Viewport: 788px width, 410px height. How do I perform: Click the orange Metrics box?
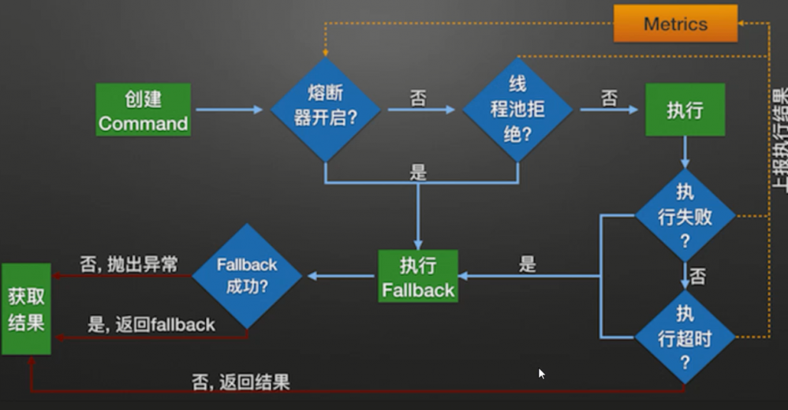click(x=675, y=24)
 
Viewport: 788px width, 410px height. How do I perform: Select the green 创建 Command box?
click(x=144, y=110)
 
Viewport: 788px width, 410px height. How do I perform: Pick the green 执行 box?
click(x=684, y=110)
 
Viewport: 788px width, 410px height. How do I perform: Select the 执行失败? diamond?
click(x=685, y=215)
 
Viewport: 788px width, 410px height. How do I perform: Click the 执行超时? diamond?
click(x=685, y=337)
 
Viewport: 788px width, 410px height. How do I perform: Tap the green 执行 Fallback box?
click(x=417, y=277)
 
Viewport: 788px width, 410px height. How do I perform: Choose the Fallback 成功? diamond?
click(x=247, y=275)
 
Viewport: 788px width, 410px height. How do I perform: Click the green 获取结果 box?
click(x=26, y=309)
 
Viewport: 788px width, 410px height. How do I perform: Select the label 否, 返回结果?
click(x=241, y=383)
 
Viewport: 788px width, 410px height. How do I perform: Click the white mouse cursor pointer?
click(x=541, y=373)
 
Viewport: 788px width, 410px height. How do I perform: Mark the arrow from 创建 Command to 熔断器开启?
click(x=229, y=110)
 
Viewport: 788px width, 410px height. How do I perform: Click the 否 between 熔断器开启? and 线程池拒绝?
click(x=418, y=99)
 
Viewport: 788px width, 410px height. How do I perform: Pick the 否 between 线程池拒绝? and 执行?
click(x=609, y=99)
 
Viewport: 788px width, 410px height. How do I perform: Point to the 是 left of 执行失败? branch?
click(x=528, y=264)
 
